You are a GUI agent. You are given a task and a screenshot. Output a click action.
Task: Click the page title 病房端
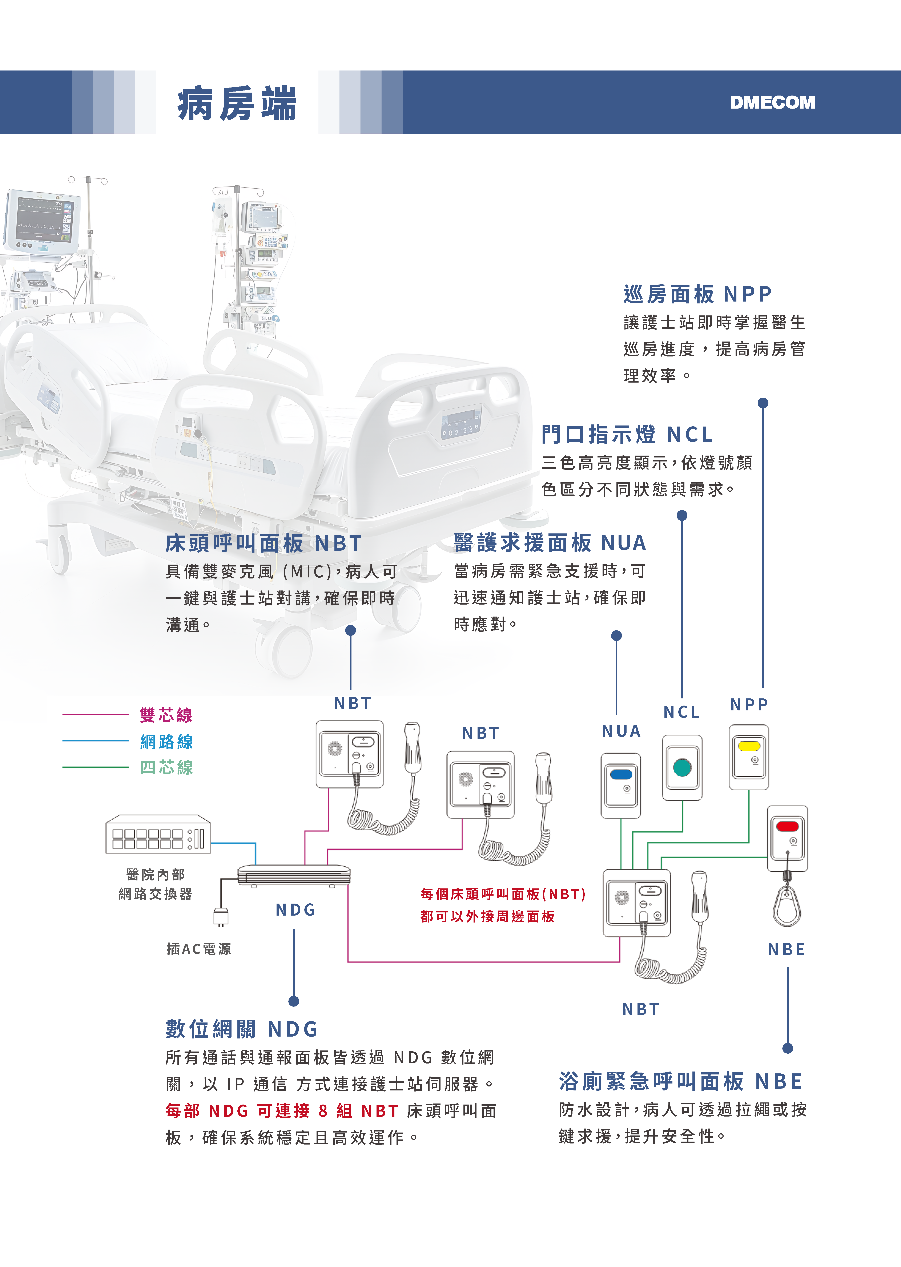tap(237, 104)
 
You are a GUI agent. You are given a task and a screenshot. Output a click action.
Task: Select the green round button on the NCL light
tap(682, 768)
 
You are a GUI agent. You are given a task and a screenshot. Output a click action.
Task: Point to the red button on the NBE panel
tap(787, 826)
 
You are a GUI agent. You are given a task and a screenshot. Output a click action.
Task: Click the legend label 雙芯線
tap(166, 715)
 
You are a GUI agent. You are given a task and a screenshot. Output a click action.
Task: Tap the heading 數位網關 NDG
tap(242, 1029)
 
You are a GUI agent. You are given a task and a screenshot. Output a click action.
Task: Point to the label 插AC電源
tap(199, 949)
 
